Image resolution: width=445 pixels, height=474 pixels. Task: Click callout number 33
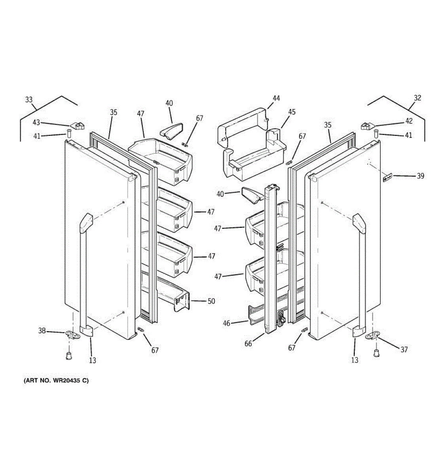point(29,100)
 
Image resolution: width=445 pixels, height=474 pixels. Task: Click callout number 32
point(417,98)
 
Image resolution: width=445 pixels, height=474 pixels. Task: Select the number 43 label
point(36,122)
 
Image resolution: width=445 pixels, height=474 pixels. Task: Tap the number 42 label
point(409,121)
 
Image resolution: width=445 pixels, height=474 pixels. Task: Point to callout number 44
point(276,98)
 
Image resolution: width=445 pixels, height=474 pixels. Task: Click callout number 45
point(292,112)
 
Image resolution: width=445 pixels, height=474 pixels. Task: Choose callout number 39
point(420,176)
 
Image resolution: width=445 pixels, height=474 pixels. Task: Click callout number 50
point(211,301)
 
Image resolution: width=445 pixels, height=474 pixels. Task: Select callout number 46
point(226,323)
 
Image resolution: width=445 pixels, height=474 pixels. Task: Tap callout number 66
point(248,344)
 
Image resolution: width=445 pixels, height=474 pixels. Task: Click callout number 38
point(42,331)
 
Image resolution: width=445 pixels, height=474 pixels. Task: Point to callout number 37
point(403,349)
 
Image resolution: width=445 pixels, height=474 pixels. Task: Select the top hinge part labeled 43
point(79,126)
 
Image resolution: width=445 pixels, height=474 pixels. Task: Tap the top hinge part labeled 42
point(366,126)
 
